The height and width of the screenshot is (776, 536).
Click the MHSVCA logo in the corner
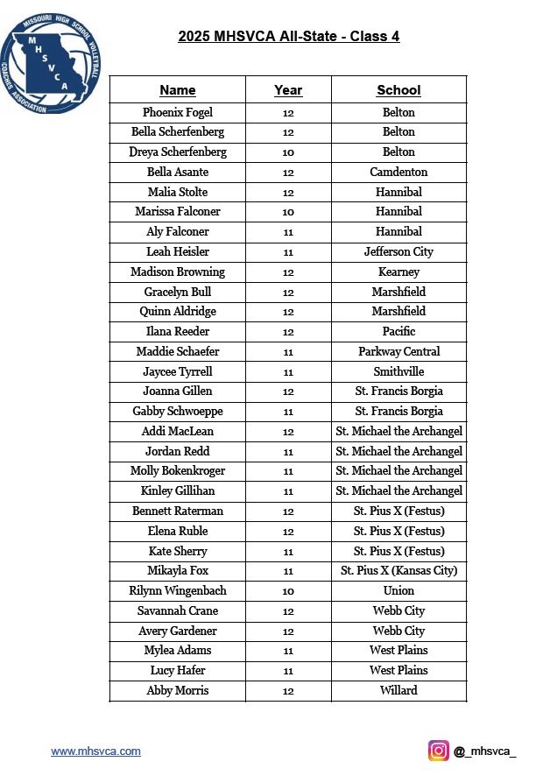[51, 62]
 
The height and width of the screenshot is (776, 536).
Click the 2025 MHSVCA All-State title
[289, 37]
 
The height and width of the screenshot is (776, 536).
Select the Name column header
[178, 90]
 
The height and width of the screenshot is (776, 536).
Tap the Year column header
[288, 90]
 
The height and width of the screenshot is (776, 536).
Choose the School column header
[398, 90]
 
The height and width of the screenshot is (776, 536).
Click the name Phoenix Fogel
[178, 112]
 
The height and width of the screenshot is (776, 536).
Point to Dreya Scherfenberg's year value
[288, 152]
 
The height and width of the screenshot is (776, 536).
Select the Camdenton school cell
[398, 172]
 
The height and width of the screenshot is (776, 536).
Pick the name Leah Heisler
[178, 251]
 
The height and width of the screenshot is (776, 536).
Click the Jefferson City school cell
[398, 251]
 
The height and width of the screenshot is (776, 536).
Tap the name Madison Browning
[178, 272]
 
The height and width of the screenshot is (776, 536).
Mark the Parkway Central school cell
[398, 351]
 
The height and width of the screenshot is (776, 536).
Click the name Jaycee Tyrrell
[178, 371]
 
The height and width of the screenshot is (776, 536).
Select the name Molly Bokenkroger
[178, 471]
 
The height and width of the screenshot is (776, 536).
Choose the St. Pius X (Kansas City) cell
[398, 571]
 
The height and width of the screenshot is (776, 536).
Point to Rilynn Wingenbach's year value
[288, 591]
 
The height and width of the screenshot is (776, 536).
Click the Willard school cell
[398, 690]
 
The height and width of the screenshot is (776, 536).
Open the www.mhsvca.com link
[95, 751]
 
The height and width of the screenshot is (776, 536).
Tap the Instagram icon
[438, 751]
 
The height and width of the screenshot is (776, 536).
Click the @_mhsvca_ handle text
[485, 751]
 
